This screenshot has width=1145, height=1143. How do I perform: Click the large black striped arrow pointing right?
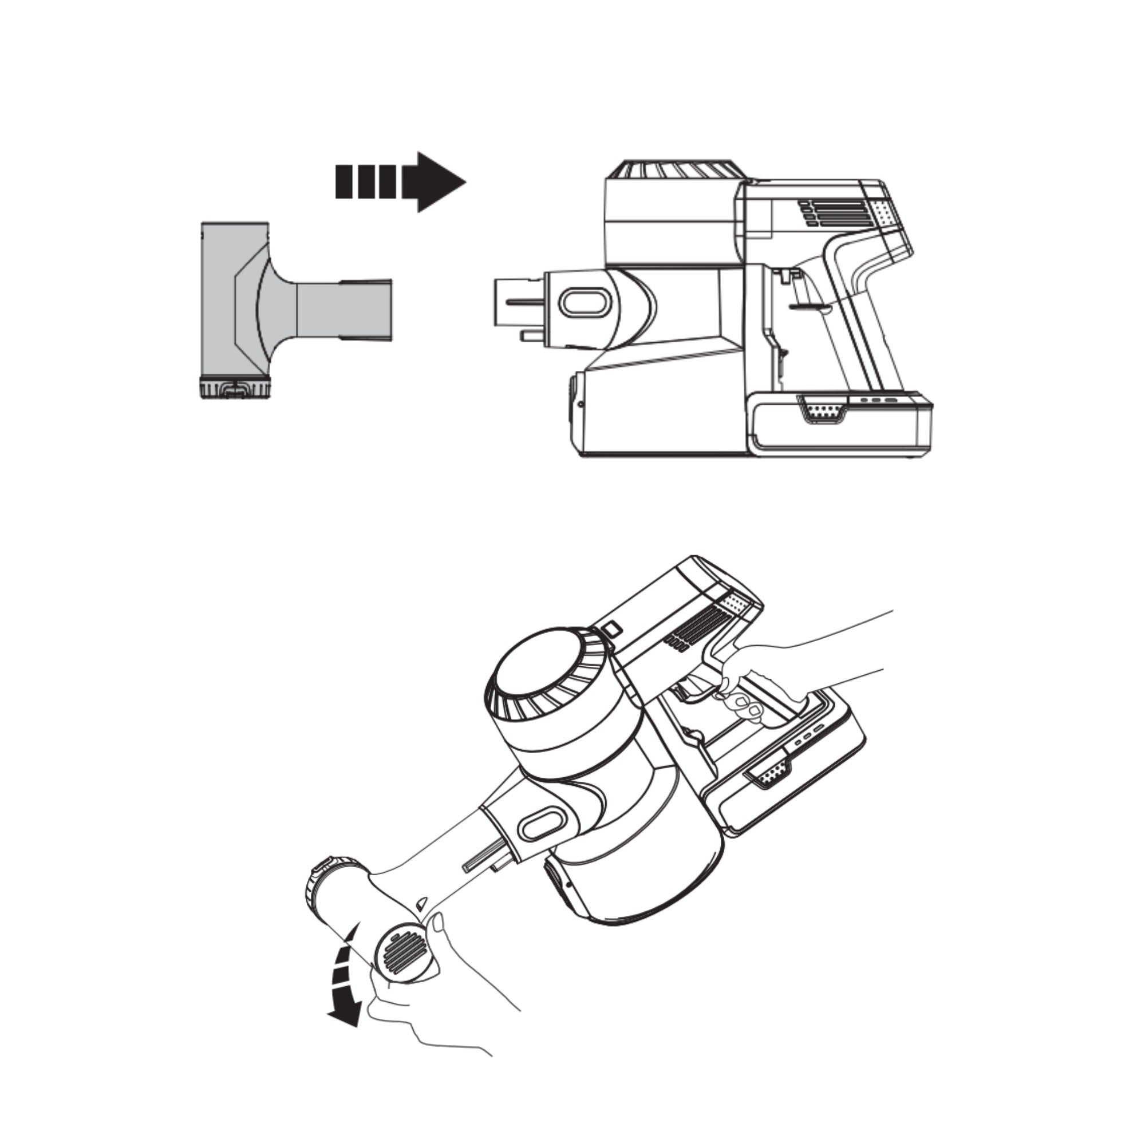pos(401,181)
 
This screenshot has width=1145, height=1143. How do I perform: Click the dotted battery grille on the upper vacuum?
pos(823,409)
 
